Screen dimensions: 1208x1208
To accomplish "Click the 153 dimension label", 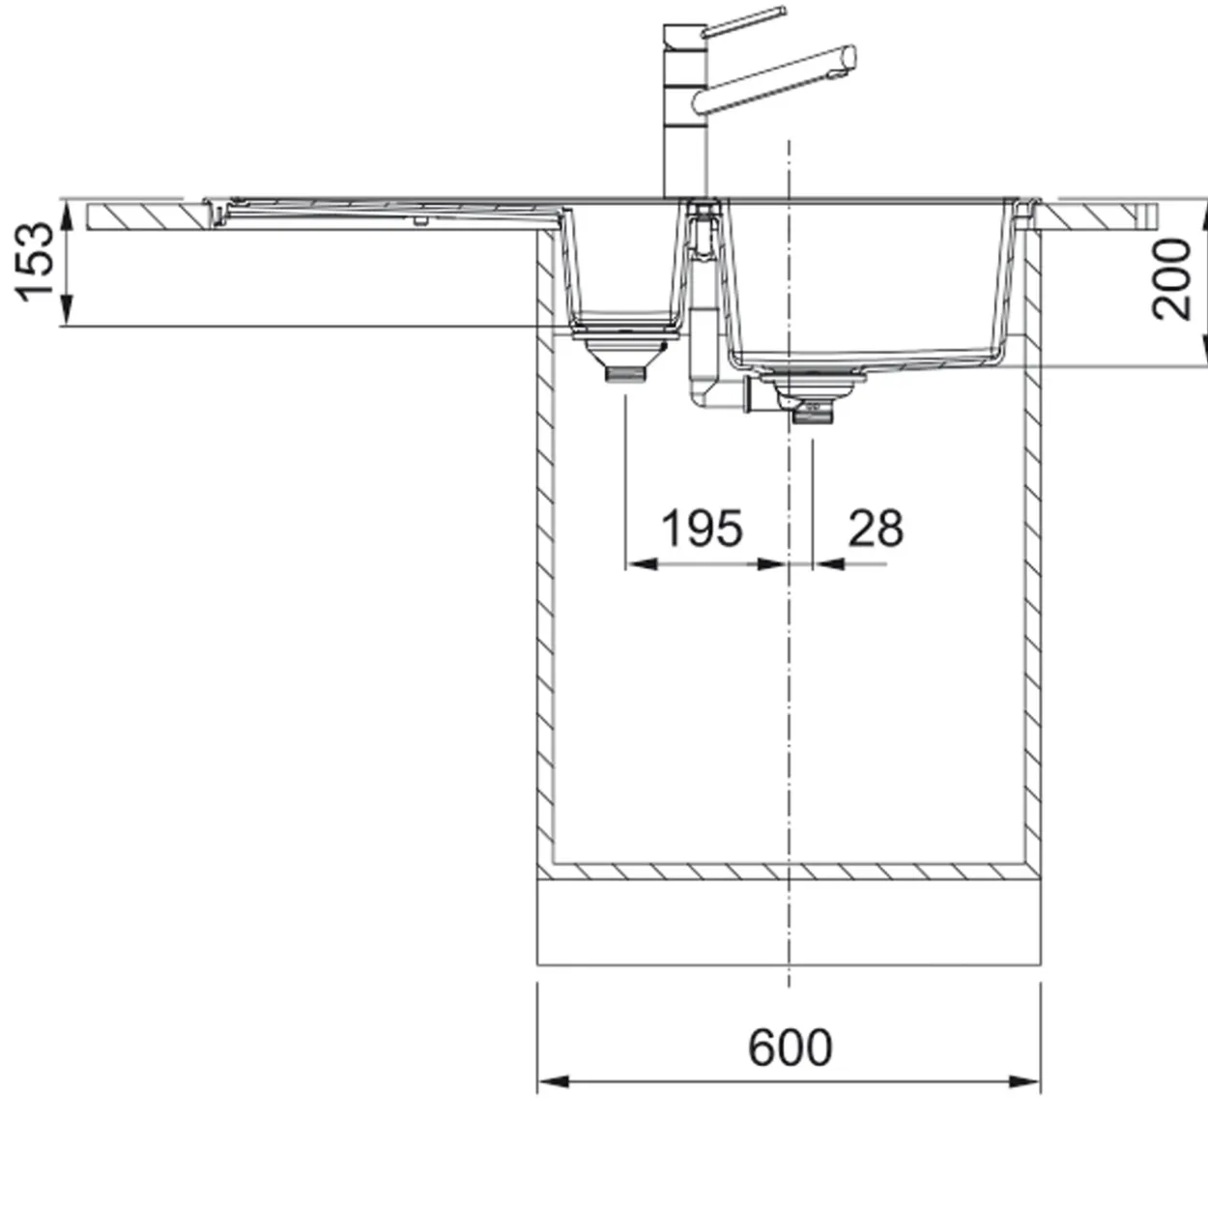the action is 35,262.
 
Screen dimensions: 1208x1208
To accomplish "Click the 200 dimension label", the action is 1171,279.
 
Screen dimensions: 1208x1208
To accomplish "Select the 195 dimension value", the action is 703,529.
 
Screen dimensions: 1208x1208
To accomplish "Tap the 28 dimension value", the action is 876,529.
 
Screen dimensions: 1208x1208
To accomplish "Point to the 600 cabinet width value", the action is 790,1048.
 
